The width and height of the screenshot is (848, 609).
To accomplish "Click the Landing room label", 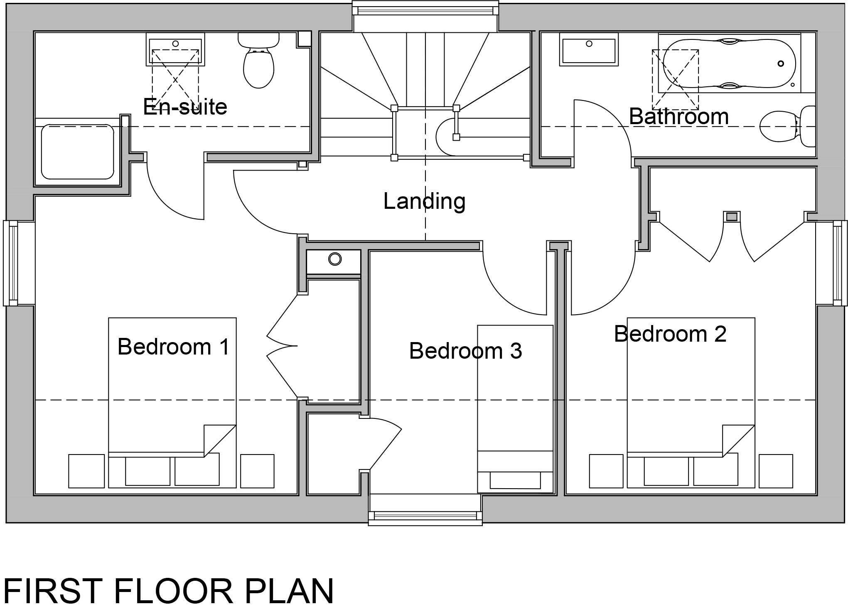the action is click(x=424, y=202).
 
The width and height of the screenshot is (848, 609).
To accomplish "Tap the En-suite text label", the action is click(x=185, y=107).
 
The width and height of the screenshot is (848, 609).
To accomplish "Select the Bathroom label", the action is click(x=679, y=116).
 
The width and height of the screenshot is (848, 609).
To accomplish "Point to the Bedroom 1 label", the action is click(x=173, y=347).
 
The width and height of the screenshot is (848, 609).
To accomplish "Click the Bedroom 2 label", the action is click(x=670, y=334).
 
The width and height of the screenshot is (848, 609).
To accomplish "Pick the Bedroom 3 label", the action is click(x=465, y=351).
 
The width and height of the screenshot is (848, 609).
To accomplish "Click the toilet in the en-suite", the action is click(x=258, y=61).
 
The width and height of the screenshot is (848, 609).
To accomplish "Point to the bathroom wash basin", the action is click(x=589, y=50).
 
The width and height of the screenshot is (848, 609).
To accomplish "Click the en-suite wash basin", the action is click(x=175, y=49).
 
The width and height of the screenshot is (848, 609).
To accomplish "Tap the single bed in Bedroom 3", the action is click(x=515, y=409).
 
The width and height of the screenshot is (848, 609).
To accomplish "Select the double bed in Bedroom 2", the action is click(x=691, y=403).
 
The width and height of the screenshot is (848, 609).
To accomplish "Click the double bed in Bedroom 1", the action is click(x=172, y=403).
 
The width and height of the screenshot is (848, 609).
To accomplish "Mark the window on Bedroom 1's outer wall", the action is click(x=11, y=263).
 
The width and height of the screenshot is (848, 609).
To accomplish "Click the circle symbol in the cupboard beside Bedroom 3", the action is click(x=335, y=259).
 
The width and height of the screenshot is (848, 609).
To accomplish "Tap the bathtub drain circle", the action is click(x=781, y=64).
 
